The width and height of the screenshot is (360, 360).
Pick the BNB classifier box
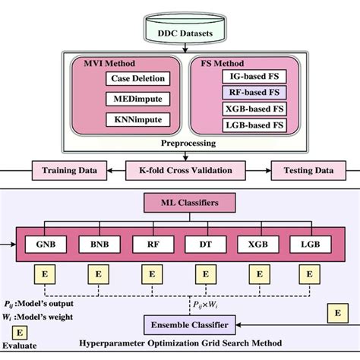point(98,245)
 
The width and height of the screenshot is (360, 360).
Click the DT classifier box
point(206,245)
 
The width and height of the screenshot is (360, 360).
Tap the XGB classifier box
point(259,245)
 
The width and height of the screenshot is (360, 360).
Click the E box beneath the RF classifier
point(152,273)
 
